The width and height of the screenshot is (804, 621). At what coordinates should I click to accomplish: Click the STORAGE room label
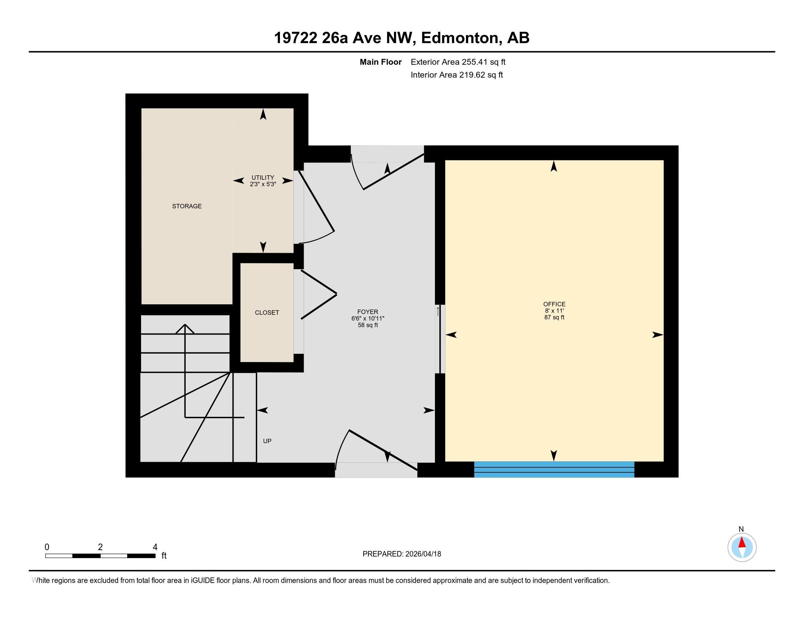pyautogui.click(x=187, y=206)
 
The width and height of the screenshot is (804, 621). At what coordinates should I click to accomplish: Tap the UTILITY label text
pyautogui.click(x=262, y=177)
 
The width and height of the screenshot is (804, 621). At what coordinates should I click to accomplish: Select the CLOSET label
pyautogui.click(x=266, y=312)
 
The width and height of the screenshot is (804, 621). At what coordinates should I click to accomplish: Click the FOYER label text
pyautogui.click(x=367, y=312)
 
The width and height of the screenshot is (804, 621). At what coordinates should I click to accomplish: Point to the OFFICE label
pyautogui.click(x=554, y=304)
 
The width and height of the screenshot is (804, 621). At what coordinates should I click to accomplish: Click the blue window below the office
pyautogui.click(x=554, y=469)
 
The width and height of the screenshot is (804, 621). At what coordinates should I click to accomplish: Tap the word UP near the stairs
pyautogui.click(x=267, y=441)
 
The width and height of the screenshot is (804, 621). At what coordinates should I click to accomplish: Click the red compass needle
pyautogui.click(x=742, y=543)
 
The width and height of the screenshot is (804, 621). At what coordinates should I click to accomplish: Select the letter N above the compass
pyautogui.click(x=741, y=529)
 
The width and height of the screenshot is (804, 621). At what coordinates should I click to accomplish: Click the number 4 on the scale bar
pyautogui.click(x=155, y=547)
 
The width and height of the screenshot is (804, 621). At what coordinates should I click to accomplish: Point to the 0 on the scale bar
pyautogui.click(x=47, y=547)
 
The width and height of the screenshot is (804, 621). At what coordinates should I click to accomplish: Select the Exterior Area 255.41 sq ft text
pyautogui.click(x=458, y=62)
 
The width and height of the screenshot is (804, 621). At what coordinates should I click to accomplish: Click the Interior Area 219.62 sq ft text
pyautogui.click(x=456, y=75)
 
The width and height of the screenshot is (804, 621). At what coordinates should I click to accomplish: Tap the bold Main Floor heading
pyautogui.click(x=380, y=62)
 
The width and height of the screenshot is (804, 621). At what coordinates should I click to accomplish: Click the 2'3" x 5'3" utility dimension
pyautogui.click(x=262, y=184)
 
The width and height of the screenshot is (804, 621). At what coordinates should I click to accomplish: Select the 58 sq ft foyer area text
pyautogui.click(x=367, y=325)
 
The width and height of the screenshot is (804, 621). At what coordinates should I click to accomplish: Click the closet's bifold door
pyautogui.click(x=319, y=294)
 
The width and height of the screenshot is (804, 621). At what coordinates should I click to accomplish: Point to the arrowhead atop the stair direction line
pyautogui.click(x=185, y=327)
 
